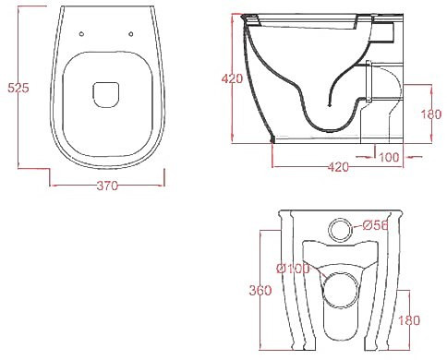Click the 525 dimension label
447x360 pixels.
tap(18, 88)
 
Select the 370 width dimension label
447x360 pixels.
tap(107, 186)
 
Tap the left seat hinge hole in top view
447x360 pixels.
tap(81, 34)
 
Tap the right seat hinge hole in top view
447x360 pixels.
tap(131, 34)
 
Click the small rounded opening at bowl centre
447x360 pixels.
tap(105, 95)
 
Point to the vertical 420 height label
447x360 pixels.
tap(233, 78)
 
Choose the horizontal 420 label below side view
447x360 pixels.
tap(338, 167)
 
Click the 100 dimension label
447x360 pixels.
tap(389, 157)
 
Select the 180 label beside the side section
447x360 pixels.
tap(431, 114)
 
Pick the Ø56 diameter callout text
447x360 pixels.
tap(375, 226)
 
